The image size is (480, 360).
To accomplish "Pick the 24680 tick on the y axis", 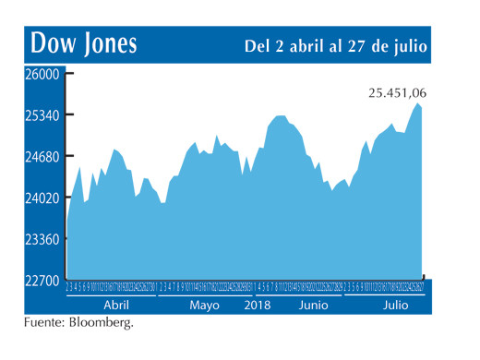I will [x=41, y=157].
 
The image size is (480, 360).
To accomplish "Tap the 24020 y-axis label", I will [x=41, y=198].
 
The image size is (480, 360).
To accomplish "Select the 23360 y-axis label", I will [x=41, y=239].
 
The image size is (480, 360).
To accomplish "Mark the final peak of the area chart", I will [x=418, y=104].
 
